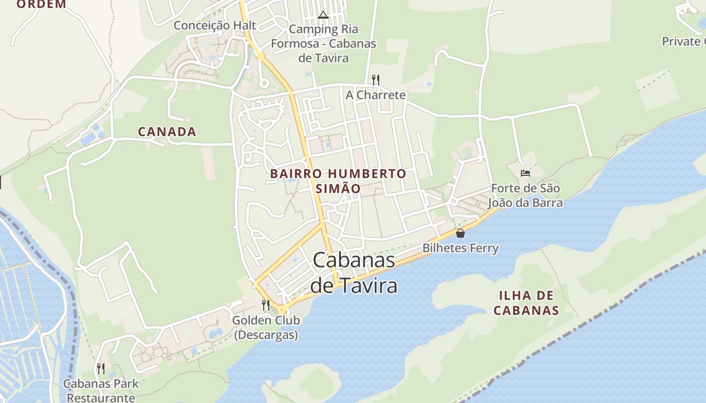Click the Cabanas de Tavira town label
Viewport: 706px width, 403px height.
(354, 273)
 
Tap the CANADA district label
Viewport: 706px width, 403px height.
(167, 132)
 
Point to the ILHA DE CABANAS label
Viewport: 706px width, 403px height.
(526, 303)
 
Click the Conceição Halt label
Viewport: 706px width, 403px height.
(215, 26)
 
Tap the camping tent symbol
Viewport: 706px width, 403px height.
(323, 15)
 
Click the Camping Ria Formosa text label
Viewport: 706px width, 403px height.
(323, 43)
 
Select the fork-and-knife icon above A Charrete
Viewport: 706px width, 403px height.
(375, 80)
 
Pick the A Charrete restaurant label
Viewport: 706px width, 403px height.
(376, 95)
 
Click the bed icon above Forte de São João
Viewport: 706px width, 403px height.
(525, 173)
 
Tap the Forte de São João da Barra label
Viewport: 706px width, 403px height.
(525, 196)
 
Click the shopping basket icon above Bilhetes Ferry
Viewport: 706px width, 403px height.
(460, 233)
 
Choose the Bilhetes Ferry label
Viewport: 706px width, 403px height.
(460, 248)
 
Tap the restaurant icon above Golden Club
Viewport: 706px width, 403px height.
(266, 305)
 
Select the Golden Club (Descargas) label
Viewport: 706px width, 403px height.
(266, 327)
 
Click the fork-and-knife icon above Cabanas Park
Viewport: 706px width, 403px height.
(101, 369)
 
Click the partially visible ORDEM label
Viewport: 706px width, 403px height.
(41, 5)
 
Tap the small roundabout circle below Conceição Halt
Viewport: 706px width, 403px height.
(264, 83)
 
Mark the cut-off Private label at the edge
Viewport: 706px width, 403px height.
(684, 41)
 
